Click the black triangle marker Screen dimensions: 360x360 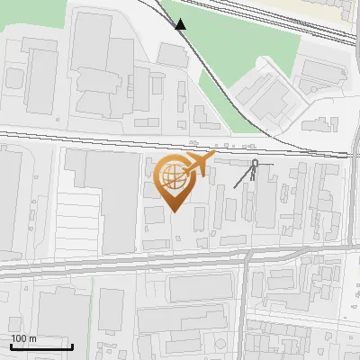click(x=181, y=24)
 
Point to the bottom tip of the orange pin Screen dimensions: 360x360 click(x=174, y=212)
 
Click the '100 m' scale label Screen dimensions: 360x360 click(x=23, y=338)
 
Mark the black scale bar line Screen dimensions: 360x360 click(x=41, y=346)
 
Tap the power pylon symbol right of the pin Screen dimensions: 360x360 click(x=255, y=170)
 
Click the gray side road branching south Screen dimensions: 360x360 click(x=244, y=297)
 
